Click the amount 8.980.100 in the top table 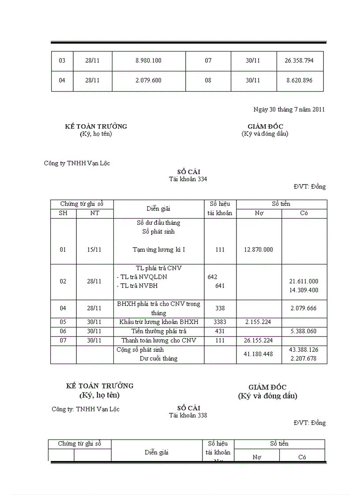click(148, 60)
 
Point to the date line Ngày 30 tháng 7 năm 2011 click(289, 110)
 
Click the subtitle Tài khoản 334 click(188, 179)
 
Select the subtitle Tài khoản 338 click(188, 415)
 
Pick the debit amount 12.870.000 click(258, 249)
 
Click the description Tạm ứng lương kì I click(159, 249)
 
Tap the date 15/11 click(94, 249)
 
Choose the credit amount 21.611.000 click(304, 281)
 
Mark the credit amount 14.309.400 click(304, 290)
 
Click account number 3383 click(220, 322)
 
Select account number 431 click(220, 331)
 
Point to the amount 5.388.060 click(304, 331)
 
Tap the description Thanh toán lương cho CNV click(159, 340)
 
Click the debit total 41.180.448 click(258, 354)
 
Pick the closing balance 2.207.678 click(304, 359)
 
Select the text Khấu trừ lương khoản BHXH click(159, 322)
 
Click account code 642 click(212, 277)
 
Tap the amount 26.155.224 click(258, 340)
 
